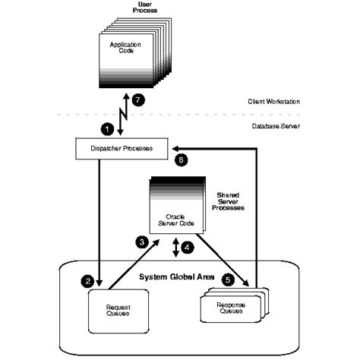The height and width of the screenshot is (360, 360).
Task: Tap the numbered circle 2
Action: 89,281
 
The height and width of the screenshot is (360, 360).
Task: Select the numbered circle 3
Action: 141,242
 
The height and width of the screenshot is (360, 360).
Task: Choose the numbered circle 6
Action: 180,159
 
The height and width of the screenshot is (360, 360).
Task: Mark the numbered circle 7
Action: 138,99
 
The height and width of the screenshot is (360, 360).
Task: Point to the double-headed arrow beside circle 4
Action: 176,247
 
